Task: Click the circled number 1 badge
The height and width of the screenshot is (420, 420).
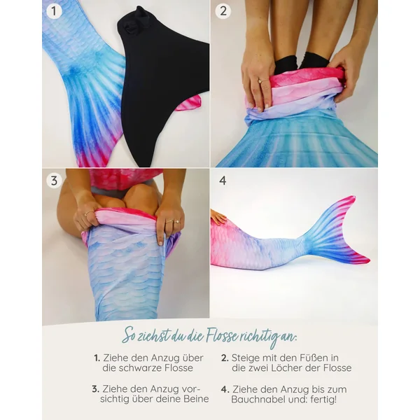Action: coord(54,11)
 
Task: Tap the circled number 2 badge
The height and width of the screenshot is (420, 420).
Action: coord(223,11)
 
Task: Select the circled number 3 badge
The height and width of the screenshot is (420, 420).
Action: coord(54,181)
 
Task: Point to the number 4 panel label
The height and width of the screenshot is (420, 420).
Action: coord(223,181)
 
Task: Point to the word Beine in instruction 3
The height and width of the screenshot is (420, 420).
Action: coord(196,399)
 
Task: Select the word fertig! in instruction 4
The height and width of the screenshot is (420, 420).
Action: coord(323,400)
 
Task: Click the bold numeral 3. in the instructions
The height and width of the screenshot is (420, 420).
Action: coord(96,389)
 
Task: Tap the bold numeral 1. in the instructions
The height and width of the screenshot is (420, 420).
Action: coord(97,358)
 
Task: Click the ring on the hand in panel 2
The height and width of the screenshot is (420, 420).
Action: coord(260,80)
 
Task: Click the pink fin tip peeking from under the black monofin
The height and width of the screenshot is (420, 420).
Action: coord(190,103)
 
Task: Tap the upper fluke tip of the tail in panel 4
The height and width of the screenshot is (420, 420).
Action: coord(354,197)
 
